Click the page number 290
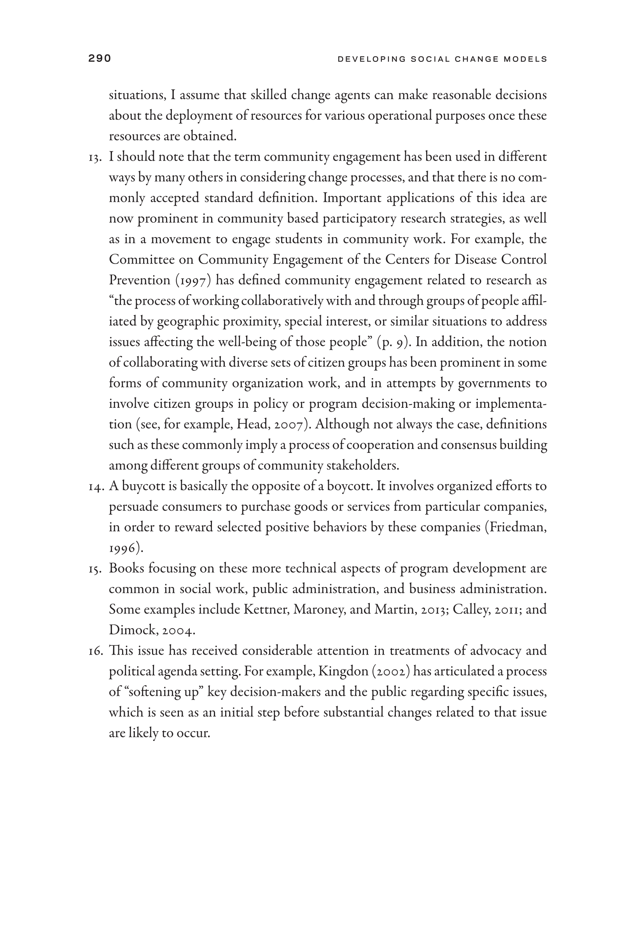coord(100,59)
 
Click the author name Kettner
coord(266,610)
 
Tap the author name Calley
coord(470,610)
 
